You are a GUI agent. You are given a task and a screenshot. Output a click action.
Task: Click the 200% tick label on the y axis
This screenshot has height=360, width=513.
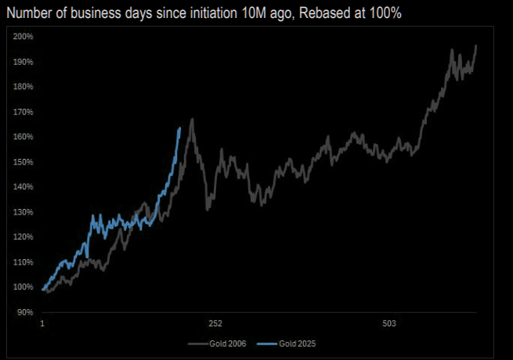23,37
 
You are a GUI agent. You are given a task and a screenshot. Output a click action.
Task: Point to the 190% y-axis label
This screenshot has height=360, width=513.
23,62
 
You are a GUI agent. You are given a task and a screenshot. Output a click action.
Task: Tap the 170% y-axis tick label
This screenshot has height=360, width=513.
23,112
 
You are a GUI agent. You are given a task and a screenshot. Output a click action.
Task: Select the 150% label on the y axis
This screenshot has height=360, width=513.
23,162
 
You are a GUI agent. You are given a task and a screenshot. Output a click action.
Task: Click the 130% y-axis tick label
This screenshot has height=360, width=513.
23,212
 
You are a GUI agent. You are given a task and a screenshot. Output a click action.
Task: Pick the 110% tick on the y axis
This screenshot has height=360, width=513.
23,262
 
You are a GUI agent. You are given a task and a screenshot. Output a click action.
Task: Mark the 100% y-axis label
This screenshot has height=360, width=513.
23,287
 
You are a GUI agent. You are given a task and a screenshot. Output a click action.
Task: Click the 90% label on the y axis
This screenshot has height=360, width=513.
25,312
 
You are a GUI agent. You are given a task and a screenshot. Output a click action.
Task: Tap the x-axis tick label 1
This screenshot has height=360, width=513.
42,323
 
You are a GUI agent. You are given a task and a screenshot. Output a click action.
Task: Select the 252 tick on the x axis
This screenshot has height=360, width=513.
215,323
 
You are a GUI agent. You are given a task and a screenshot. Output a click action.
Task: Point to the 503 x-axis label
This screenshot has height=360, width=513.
389,323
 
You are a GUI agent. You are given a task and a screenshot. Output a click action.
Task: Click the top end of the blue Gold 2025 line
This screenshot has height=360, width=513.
180,128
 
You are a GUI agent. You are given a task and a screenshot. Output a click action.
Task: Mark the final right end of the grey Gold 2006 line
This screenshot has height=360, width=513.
476,46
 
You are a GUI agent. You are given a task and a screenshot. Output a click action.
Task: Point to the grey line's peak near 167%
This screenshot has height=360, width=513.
192,119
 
